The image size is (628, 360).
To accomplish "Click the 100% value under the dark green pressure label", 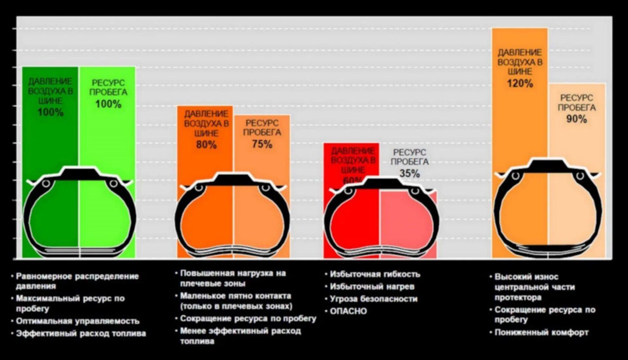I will click(x=50, y=112).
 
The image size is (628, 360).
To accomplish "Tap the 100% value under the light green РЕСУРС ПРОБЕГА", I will click(x=108, y=104).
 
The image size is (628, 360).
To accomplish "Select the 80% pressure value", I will click(x=206, y=144).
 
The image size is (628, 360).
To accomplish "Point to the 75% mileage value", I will click(x=262, y=144).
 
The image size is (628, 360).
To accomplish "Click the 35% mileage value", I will click(x=410, y=173).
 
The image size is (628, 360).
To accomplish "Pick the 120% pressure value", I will click(x=520, y=83).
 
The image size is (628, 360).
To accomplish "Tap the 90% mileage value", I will click(x=576, y=119).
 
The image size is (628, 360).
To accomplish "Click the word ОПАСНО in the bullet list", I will click(x=348, y=311).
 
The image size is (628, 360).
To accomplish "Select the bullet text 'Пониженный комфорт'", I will click(x=541, y=333).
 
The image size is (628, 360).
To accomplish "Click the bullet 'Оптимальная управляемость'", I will click(x=78, y=321).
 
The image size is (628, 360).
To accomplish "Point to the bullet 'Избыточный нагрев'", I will click(x=372, y=287).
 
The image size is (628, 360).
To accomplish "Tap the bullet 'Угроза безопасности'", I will click(x=374, y=299).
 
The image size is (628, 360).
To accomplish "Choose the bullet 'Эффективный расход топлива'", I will click(x=81, y=333).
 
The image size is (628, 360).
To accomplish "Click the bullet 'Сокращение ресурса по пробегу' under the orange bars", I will click(x=248, y=318).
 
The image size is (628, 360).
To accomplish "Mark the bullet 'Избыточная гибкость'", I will click(x=375, y=274).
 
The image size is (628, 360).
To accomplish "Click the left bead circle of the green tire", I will click(x=46, y=183).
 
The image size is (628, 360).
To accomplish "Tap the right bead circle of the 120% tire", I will click(x=580, y=176).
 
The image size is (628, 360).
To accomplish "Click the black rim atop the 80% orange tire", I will click(x=233, y=180).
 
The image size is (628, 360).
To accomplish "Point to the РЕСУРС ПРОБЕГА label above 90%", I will click(x=576, y=102).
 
